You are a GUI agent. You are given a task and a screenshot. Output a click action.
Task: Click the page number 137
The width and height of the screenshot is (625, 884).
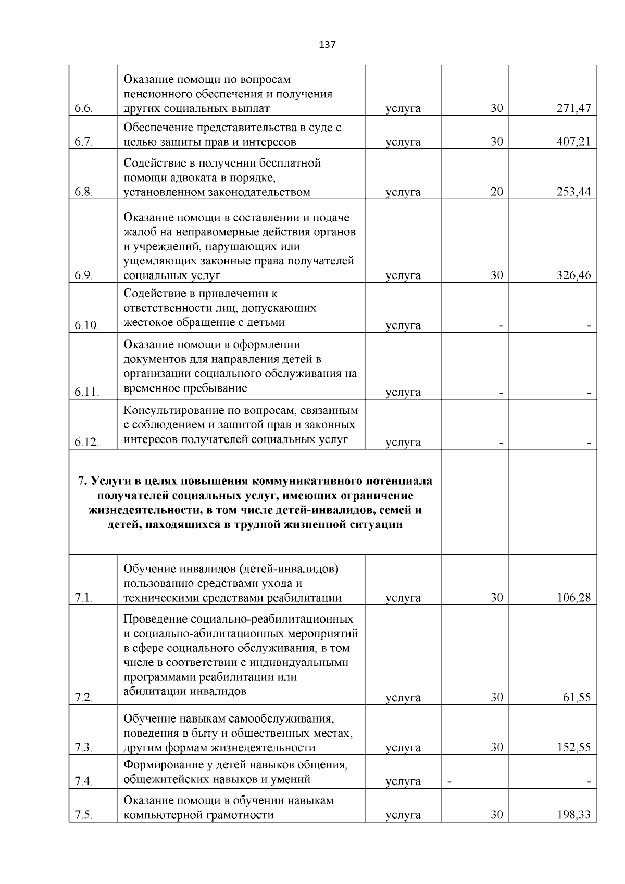point(327,45)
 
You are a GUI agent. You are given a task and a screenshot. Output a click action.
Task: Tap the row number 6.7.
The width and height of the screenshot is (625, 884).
point(83,142)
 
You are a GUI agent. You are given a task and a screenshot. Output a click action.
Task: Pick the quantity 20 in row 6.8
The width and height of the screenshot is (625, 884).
point(497,192)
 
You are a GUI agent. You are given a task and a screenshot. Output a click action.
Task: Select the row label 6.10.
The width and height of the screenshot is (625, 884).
point(86,325)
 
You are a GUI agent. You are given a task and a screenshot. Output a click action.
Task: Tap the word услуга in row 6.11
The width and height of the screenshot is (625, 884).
point(403,392)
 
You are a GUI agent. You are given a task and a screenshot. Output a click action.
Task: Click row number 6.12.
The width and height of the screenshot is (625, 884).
point(86,442)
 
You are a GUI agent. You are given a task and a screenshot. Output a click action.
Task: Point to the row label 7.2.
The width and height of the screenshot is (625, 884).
point(83,698)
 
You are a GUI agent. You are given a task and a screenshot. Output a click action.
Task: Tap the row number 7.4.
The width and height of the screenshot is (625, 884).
point(83,781)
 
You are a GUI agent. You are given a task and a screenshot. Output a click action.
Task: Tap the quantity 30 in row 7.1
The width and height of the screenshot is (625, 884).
point(497,598)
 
